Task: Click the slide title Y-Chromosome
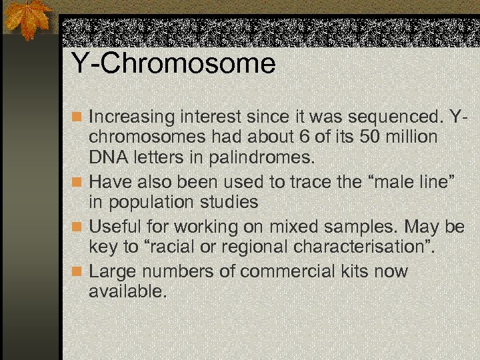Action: tap(173, 64)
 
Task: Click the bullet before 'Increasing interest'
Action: tap(77, 117)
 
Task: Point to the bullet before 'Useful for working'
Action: tap(77, 227)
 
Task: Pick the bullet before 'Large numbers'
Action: tap(77, 272)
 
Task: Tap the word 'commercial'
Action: tap(294, 272)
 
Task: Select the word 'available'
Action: tap(127, 292)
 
